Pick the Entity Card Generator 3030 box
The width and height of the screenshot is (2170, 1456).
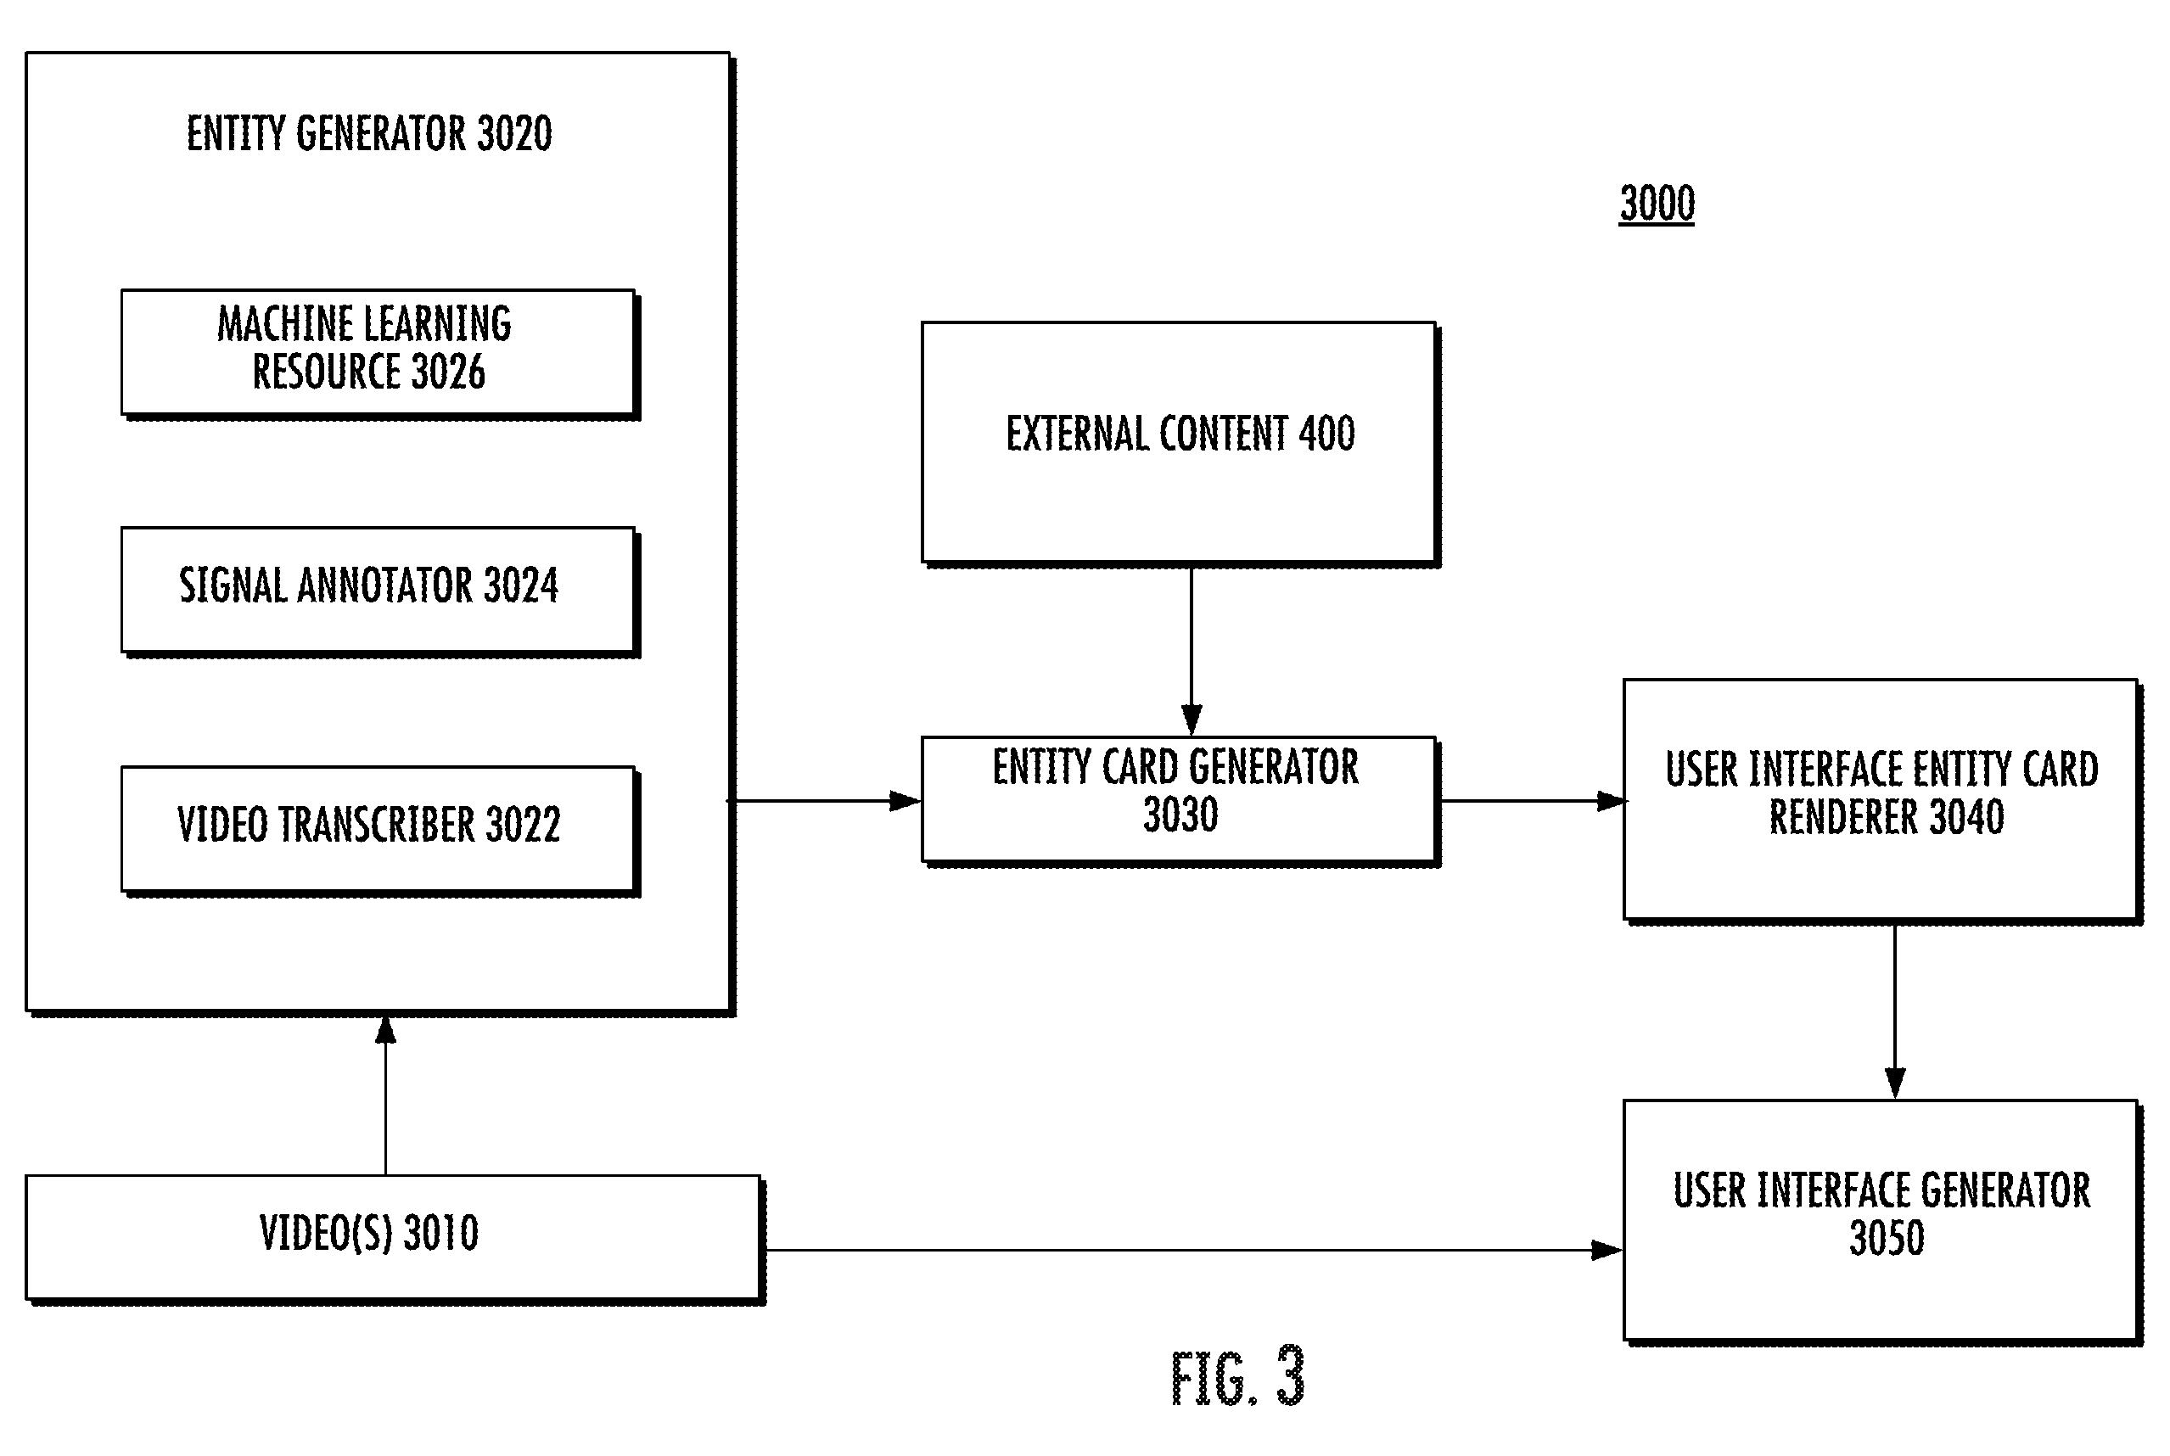click(x=1180, y=801)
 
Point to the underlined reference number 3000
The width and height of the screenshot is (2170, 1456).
click(x=1657, y=204)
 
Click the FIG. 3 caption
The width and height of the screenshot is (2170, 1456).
click(x=1237, y=1377)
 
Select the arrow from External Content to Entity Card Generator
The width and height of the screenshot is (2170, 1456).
click(x=1192, y=651)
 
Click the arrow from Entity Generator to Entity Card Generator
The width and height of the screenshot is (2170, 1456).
click(x=826, y=800)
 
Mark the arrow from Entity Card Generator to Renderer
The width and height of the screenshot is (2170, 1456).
click(x=1532, y=800)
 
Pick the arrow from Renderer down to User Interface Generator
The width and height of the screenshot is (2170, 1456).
click(x=1895, y=1012)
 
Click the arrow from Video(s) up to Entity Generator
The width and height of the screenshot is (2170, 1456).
click(x=385, y=1095)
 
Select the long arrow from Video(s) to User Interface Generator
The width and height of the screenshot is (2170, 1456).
click(x=1194, y=1250)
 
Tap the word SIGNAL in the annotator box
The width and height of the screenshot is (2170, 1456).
click(x=233, y=586)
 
